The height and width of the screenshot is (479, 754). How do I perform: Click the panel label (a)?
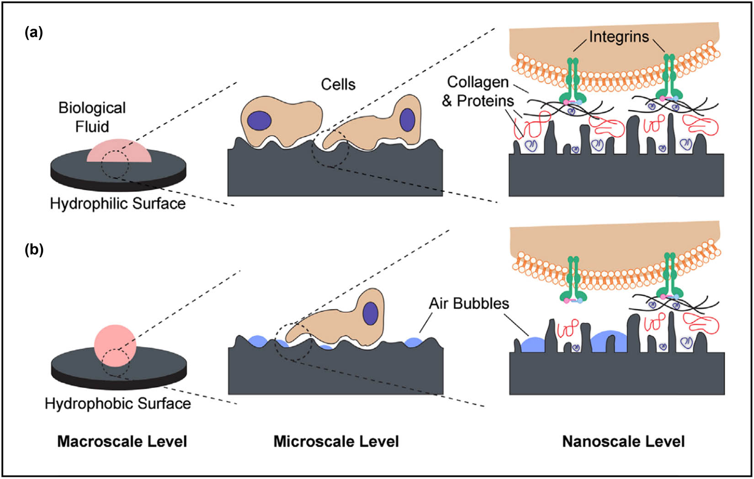coord(33,33)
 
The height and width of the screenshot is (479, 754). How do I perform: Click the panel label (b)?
coord(33,250)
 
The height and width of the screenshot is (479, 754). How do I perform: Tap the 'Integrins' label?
coord(619,37)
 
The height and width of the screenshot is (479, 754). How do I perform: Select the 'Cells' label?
coord(338,84)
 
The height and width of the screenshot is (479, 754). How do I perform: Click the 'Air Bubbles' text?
coord(469,303)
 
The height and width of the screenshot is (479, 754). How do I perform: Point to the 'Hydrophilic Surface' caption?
coord(118,203)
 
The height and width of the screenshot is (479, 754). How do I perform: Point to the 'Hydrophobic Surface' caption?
coord(118,404)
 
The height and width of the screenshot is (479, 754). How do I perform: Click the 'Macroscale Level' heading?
coord(122,442)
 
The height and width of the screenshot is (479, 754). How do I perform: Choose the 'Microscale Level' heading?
coord(336,442)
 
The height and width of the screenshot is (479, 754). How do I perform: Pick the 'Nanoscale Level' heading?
coord(623,442)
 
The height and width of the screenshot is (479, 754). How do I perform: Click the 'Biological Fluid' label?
coord(92,117)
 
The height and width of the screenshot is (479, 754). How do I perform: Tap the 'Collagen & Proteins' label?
coord(478,91)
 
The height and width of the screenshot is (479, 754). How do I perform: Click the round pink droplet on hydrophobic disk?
coord(115,346)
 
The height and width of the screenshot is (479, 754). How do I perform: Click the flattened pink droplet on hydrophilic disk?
coord(119,152)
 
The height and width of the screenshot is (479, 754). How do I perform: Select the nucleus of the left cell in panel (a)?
coord(260,121)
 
